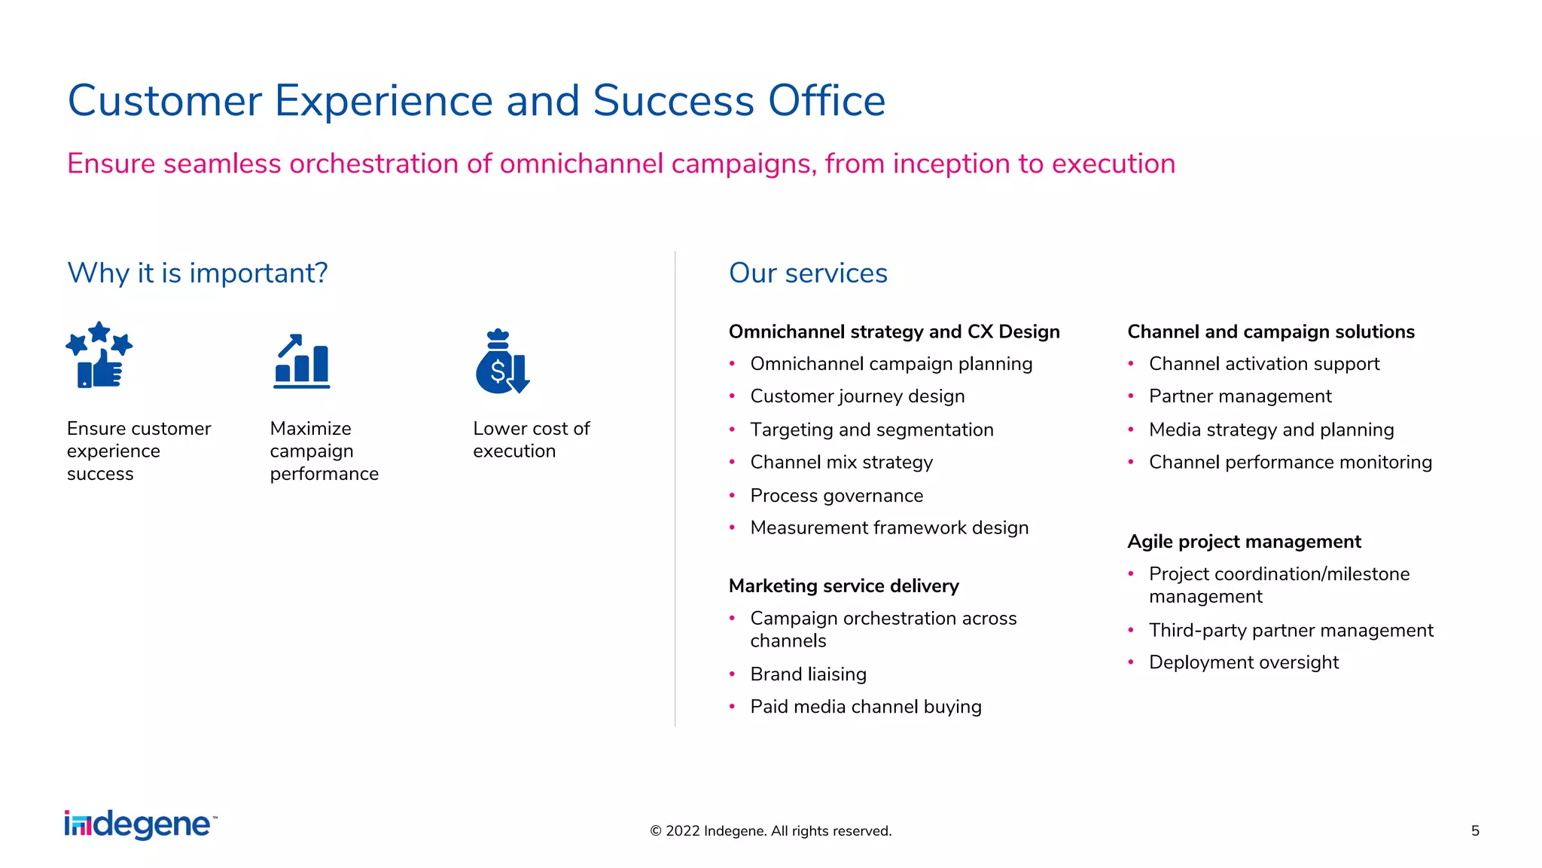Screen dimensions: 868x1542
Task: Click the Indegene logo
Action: point(141,825)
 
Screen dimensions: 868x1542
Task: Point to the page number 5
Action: point(1475,830)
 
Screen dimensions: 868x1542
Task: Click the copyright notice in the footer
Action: point(770,830)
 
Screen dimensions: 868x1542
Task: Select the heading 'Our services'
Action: point(808,273)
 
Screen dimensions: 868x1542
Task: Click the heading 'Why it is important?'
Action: point(197,273)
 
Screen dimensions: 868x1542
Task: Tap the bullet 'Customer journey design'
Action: point(857,396)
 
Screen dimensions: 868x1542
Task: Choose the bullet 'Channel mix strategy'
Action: point(841,462)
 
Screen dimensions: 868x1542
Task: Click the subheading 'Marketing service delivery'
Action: point(843,585)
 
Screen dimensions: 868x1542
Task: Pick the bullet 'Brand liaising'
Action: point(808,674)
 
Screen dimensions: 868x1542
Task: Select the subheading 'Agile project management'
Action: point(1244,542)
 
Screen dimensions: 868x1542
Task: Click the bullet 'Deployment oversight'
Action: point(1243,662)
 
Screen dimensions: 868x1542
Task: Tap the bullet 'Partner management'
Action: point(1239,396)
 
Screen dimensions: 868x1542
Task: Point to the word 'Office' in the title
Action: point(826,101)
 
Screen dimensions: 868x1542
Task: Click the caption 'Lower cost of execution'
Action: point(530,439)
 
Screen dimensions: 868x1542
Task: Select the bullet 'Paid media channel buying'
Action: point(865,707)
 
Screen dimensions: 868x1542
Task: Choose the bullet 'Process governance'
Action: point(836,496)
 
